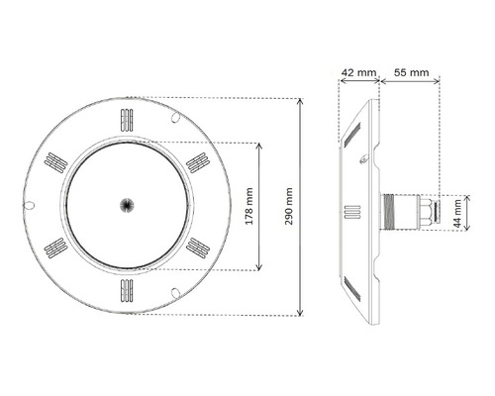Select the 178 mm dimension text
point(248,207)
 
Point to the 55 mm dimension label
point(410,73)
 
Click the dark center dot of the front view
point(126,205)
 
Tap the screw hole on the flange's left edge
point(30,206)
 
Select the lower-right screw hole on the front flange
point(174,290)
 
